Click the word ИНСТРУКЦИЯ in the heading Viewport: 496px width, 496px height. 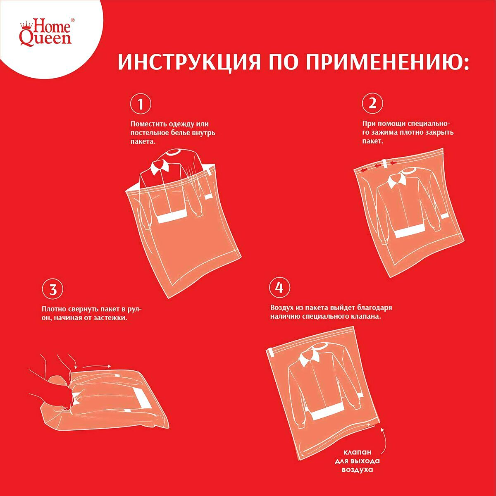pos(189,62)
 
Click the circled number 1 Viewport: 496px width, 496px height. pos(141,105)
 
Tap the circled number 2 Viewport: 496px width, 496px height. pos(372,104)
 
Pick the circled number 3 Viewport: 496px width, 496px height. pos(52,290)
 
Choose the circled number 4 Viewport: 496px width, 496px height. pos(279,288)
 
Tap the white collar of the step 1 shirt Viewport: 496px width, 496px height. pos(160,167)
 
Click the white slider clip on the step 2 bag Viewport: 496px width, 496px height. pos(385,164)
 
